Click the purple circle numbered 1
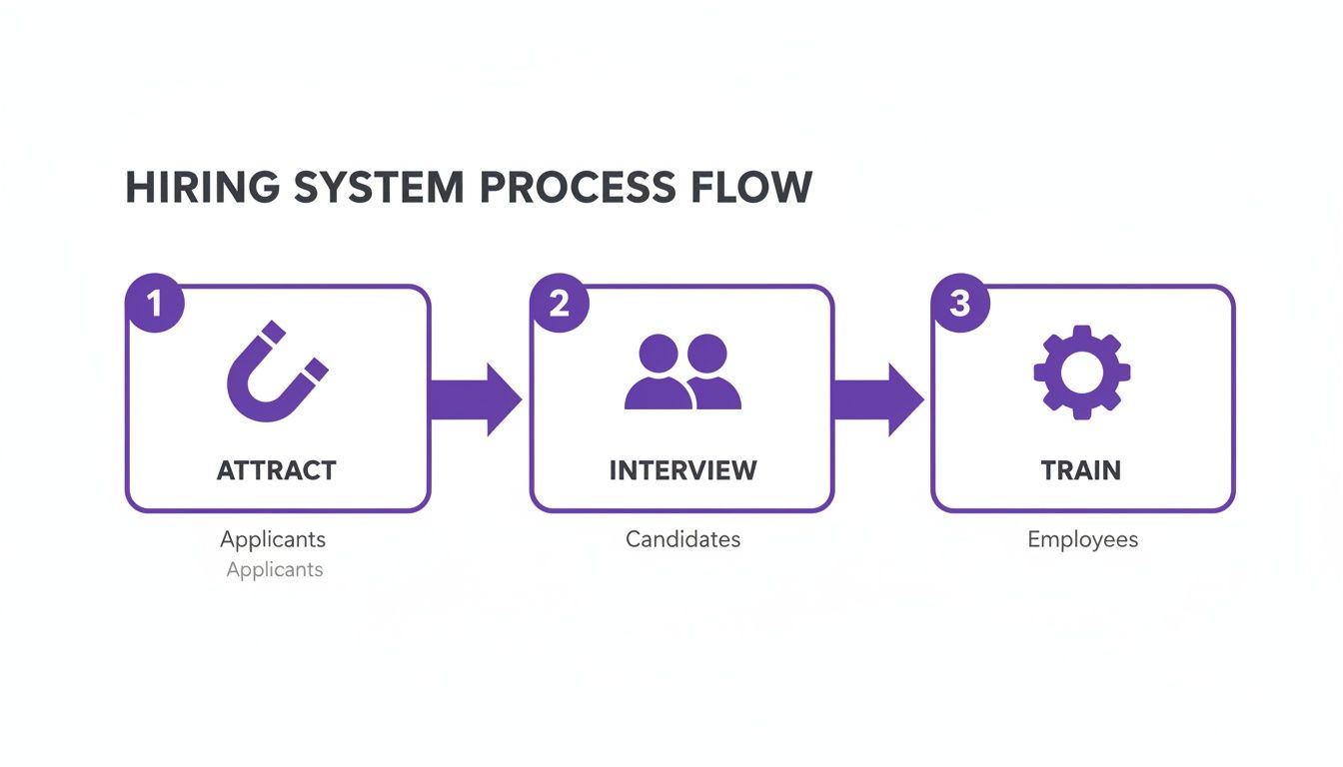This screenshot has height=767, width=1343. pyautogui.click(x=154, y=304)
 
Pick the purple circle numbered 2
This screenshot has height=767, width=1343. pyautogui.click(x=559, y=304)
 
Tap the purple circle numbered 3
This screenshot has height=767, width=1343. pyautogui.click(x=959, y=304)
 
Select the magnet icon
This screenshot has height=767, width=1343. pyautogui.click(x=273, y=373)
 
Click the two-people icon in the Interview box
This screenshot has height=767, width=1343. pyautogui.click(x=682, y=374)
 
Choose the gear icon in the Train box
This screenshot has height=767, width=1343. pyautogui.click(x=1082, y=372)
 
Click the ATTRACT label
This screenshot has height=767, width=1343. pyautogui.click(x=277, y=470)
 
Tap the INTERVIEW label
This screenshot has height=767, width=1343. pyautogui.click(x=682, y=470)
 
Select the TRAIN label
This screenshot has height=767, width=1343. pyautogui.click(x=1081, y=470)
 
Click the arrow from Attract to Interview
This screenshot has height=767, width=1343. pyautogui.click(x=476, y=399)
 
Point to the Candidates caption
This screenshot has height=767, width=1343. pyautogui.click(x=682, y=539)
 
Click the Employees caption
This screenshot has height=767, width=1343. pyautogui.click(x=1082, y=539)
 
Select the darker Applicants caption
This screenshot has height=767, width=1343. pyautogui.click(x=273, y=539)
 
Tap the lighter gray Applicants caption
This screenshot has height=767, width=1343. pyautogui.click(x=275, y=570)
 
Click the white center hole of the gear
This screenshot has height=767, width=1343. pyautogui.click(x=1082, y=373)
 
